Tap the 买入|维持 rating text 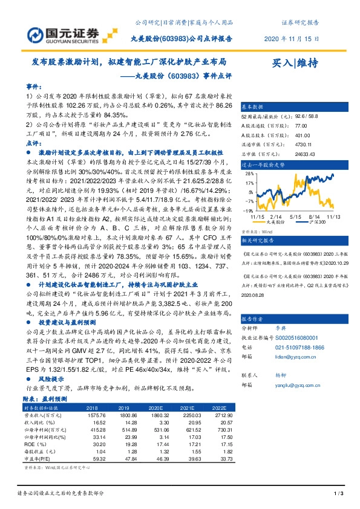click(297, 63)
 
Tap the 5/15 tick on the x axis click(295, 216)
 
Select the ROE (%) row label click(37, 444)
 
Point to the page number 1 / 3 click(338, 494)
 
